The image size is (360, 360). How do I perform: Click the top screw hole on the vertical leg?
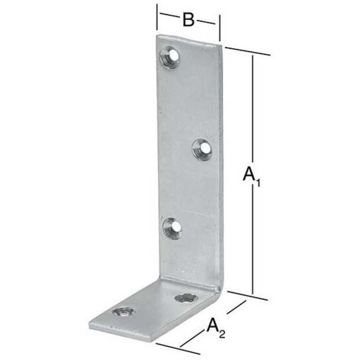[x=170, y=58]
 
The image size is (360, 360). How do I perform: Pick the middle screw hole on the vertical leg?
[x=202, y=149]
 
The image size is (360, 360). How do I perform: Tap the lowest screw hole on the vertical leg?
[x=172, y=228]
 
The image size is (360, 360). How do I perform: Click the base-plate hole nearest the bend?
[x=186, y=298]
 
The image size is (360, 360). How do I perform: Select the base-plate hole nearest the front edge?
[x=123, y=312]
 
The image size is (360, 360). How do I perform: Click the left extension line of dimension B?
[x=157, y=17]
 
